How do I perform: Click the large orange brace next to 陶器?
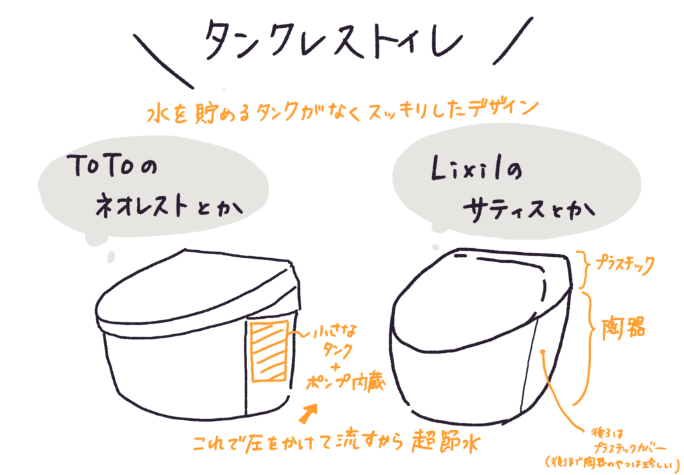[x=590, y=347]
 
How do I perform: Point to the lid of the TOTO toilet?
[x=194, y=287]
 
